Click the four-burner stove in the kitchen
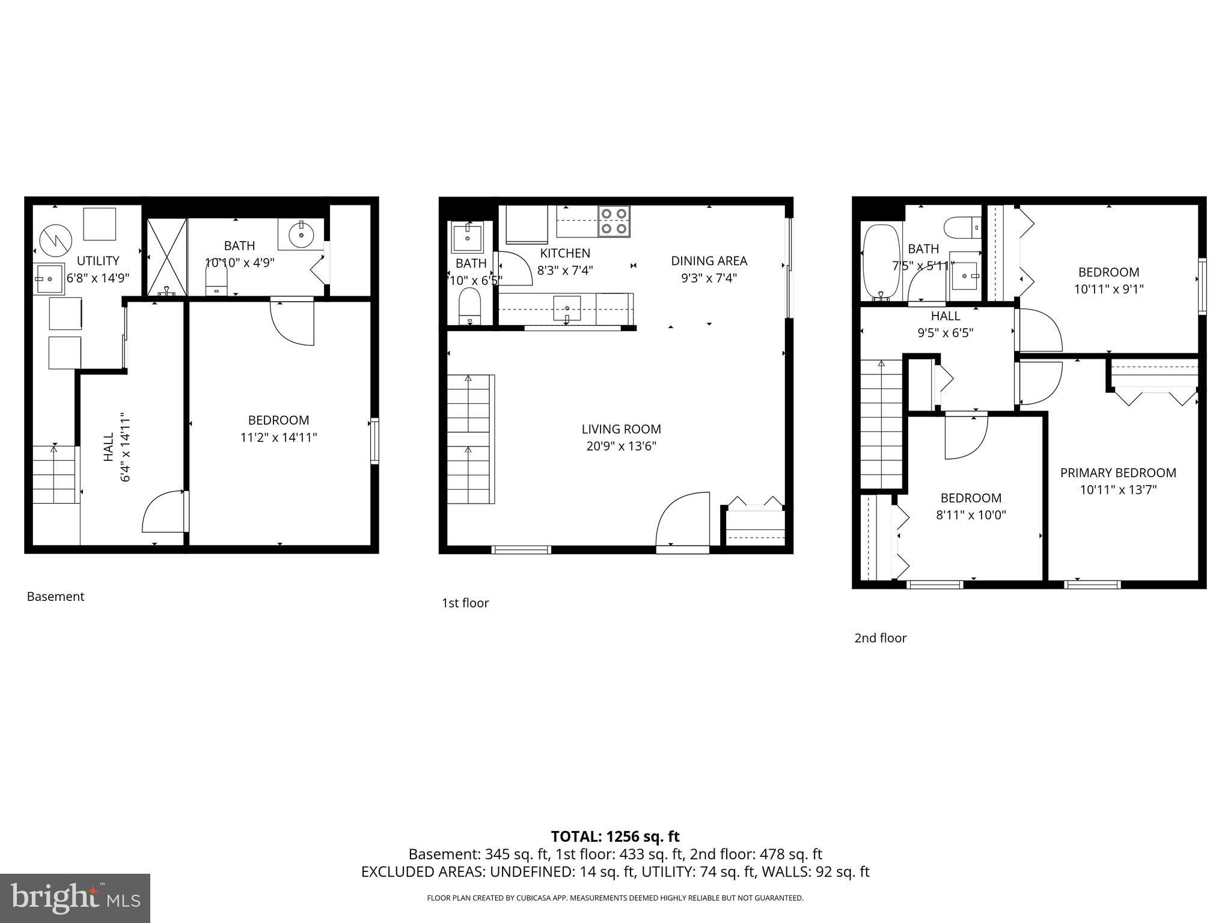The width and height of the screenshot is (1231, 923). [614, 221]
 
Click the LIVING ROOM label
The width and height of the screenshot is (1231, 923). [621, 429]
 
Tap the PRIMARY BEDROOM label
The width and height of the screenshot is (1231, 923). [1118, 473]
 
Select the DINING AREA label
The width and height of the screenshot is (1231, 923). [709, 261]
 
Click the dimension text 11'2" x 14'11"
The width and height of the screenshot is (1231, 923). [278, 437]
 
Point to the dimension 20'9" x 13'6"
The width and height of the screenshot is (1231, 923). [621, 446]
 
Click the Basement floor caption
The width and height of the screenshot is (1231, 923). [55, 597]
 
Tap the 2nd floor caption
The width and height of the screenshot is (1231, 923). [880, 638]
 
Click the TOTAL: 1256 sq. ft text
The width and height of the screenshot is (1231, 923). [615, 836]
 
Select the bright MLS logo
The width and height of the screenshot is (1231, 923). [75, 898]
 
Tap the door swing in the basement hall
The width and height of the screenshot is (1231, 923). [163, 512]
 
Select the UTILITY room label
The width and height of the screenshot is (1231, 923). [98, 261]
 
